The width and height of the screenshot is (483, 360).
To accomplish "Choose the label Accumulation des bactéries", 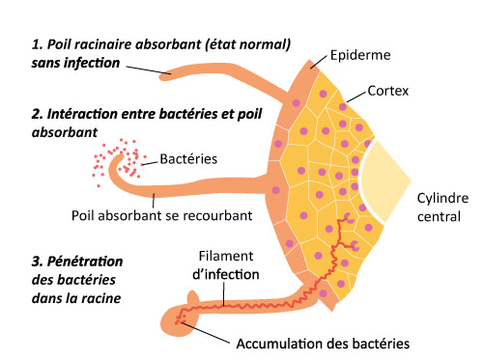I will [323, 343].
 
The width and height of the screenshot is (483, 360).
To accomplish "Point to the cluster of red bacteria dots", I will [113, 158].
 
